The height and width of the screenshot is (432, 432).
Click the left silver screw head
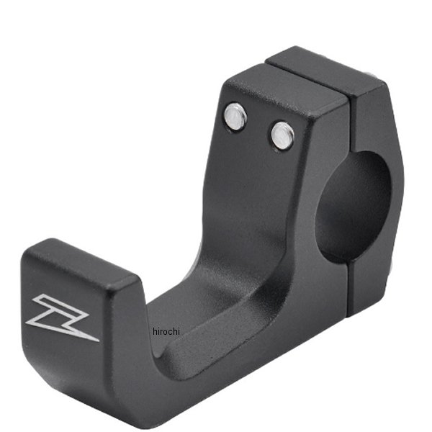click(235, 116)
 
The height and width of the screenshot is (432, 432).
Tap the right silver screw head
click(282, 135)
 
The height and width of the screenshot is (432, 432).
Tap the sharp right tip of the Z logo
click(98, 339)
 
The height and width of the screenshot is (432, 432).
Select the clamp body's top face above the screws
click(288, 90)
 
